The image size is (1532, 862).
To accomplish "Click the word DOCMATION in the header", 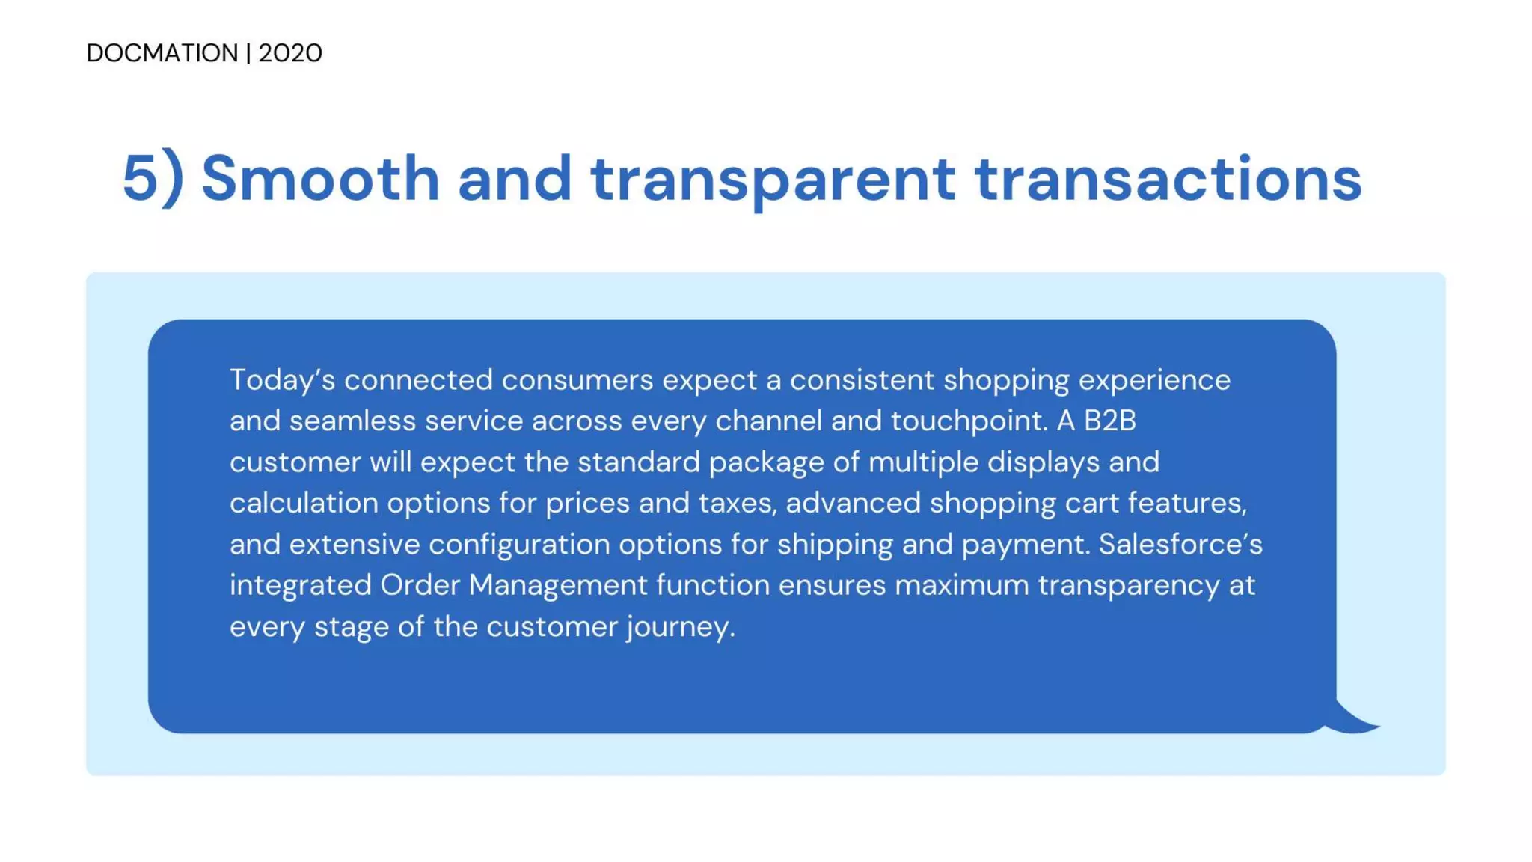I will click(x=162, y=53).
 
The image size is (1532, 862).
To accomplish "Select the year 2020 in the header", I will click(x=290, y=53).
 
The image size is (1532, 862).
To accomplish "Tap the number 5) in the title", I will click(x=153, y=178).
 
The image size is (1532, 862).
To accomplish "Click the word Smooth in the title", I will click(x=320, y=178).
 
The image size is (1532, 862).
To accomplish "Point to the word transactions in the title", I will click(x=1168, y=178).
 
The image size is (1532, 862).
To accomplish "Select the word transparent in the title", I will click(x=773, y=178).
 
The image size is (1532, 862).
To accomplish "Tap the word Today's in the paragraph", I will click(x=282, y=380).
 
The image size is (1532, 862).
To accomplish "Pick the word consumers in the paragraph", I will click(x=577, y=380).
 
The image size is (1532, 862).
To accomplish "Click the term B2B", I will click(x=1110, y=421).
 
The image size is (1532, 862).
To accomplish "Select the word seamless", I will click(x=353, y=421).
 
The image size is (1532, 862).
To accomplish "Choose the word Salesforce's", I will click(x=1180, y=544).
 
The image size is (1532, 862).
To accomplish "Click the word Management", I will click(x=557, y=585).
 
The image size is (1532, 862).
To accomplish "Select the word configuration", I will click(x=519, y=544).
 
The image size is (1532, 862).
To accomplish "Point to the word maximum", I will click(x=962, y=585).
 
